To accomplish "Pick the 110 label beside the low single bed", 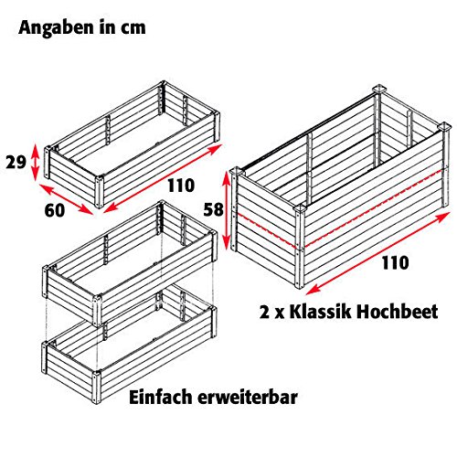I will point(181,186).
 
